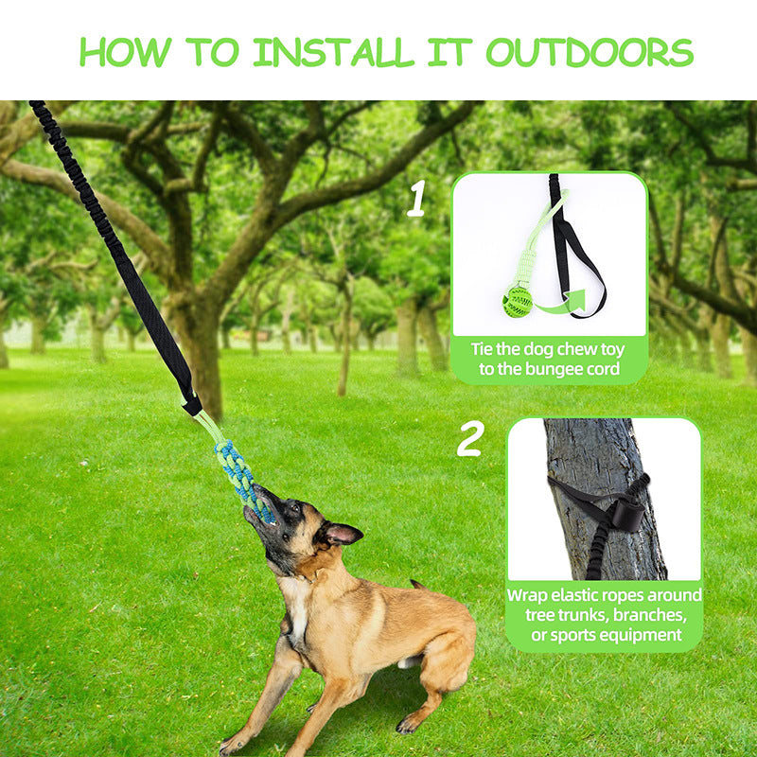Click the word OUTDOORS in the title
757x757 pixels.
[x=590, y=52]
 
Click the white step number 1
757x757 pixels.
[x=415, y=200]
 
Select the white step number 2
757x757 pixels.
[x=470, y=439]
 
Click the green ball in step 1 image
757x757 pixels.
[x=518, y=302]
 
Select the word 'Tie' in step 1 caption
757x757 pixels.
[x=484, y=348]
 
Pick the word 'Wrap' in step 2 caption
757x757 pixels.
[x=528, y=595]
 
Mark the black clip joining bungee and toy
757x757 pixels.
[x=193, y=404]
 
